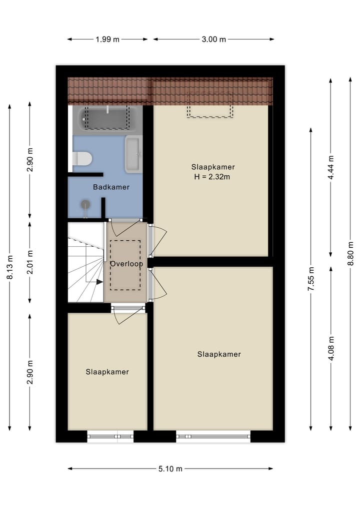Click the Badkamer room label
111,187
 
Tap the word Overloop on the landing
126,264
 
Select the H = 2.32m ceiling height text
213,176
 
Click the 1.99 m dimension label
107,39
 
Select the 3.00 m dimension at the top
213,39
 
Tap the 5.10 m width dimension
170,469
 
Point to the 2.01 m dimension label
30,261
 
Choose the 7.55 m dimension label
311,279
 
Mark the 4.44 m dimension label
330,167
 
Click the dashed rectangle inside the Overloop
125,265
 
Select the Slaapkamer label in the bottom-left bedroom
107,372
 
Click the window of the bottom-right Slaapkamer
213,436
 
